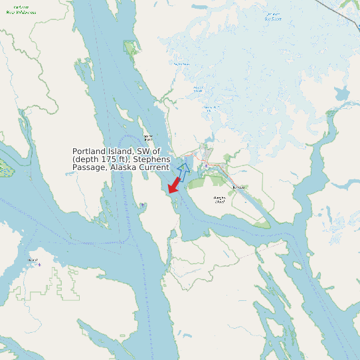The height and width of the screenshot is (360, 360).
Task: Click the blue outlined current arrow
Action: tap(183, 164)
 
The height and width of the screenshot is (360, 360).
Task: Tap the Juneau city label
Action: tap(238, 188)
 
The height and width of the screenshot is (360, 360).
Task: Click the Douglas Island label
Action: tap(219, 199)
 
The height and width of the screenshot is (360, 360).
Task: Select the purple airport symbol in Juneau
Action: tap(207, 165)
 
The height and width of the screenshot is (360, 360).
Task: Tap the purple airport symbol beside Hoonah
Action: tap(39, 265)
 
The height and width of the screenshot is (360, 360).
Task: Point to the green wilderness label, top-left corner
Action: tap(21, 9)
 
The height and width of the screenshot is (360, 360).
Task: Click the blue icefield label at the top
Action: tap(273, 16)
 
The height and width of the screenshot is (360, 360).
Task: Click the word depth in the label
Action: tap(88, 159)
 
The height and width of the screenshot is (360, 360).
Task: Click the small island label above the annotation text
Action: tap(148, 137)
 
